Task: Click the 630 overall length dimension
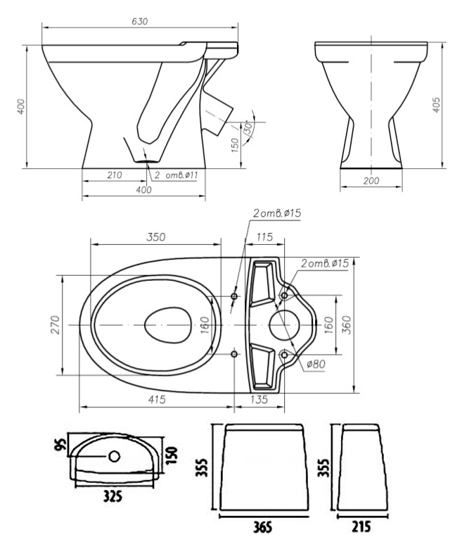(x=139, y=21)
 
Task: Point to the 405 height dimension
(x=436, y=105)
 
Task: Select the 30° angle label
(x=248, y=128)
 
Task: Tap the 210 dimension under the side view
(x=115, y=175)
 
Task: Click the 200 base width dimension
(x=371, y=181)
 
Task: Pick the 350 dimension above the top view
(x=155, y=237)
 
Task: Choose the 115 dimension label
(x=264, y=237)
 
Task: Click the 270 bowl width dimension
(x=56, y=324)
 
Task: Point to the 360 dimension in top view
(x=346, y=324)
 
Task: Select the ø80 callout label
(x=316, y=364)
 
